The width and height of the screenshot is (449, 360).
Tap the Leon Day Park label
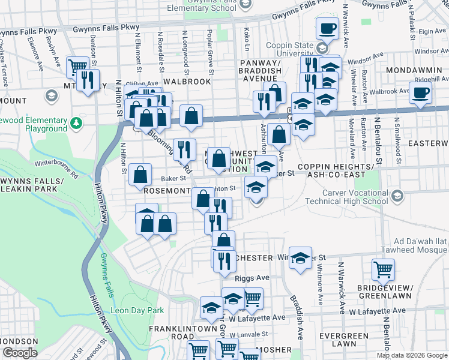tap(137, 311)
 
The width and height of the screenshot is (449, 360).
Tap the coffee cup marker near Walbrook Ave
tap(421, 93)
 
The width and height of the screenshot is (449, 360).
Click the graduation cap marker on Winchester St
tap(301, 257)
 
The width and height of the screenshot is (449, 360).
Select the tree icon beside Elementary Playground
tap(76, 124)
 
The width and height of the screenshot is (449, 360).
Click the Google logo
tap(20, 353)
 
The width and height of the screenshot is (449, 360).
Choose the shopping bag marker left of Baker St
tap(140, 175)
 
